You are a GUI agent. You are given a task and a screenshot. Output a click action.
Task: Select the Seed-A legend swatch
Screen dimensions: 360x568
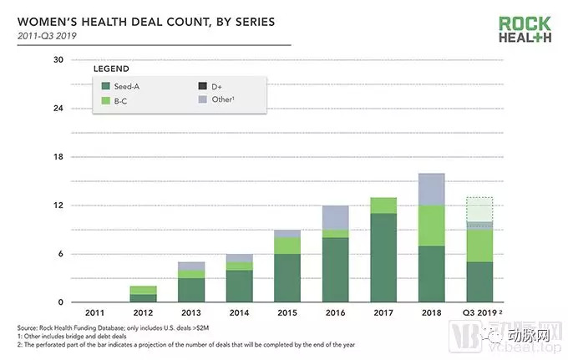coord(105,85)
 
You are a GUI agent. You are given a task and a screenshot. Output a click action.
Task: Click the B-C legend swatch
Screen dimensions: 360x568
coord(105,100)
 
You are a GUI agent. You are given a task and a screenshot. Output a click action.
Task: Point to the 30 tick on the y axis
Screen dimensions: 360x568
coord(58,60)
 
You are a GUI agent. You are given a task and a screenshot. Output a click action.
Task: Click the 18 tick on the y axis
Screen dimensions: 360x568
coord(58,157)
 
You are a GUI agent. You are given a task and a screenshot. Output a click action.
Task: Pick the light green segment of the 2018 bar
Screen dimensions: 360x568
coord(431,226)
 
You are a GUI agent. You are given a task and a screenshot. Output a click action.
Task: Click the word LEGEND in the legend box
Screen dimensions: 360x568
coord(111,68)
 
